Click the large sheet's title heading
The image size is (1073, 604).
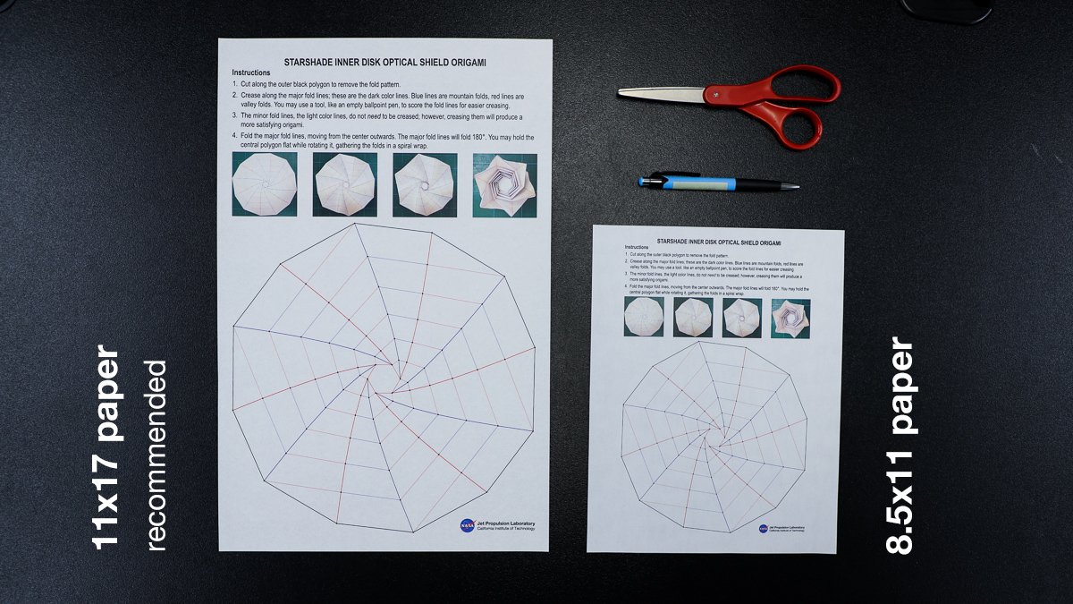385,63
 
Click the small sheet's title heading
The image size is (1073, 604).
719,242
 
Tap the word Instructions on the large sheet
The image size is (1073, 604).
251,72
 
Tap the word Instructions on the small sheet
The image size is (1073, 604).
637,247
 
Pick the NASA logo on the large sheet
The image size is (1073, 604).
468,526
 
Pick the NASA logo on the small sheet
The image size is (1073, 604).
763,529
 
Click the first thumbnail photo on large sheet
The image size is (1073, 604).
264,184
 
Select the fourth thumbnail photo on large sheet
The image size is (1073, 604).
504,184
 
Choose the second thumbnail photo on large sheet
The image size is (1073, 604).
344,184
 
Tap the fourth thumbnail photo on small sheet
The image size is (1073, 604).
790,317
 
